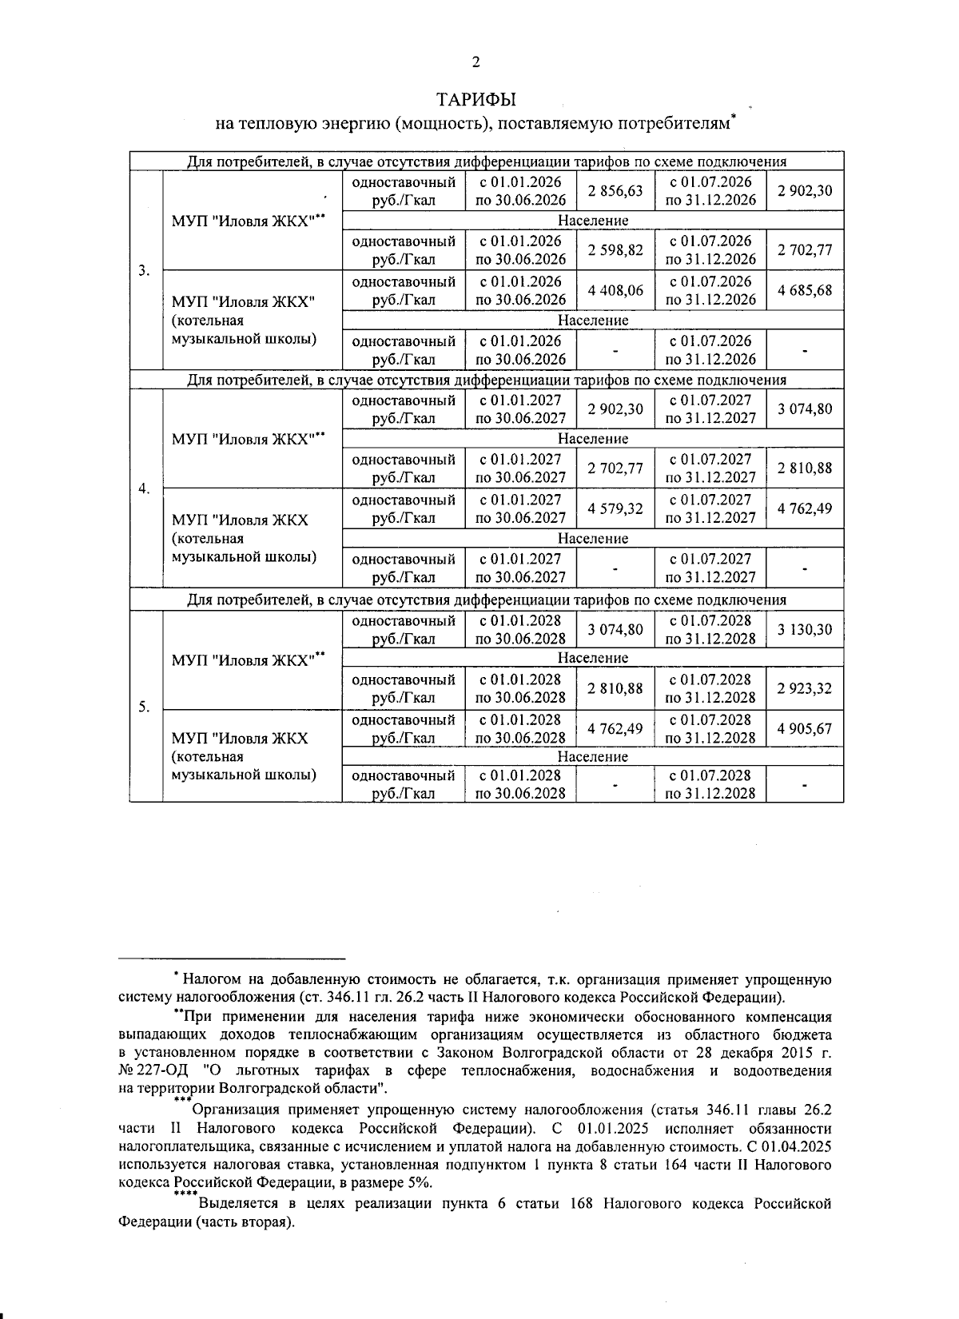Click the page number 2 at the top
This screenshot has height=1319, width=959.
tap(476, 62)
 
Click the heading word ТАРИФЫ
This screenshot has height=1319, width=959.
tap(476, 100)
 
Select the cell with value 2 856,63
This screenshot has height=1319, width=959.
tap(615, 191)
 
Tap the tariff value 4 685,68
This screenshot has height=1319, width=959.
tap(805, 290)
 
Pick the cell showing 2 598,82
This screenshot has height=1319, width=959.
tap(615, 250)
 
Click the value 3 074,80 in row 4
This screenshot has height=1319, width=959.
tap(805, 409)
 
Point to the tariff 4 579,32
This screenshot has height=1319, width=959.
tap(615, 508)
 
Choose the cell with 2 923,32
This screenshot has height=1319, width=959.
tap(805, 688)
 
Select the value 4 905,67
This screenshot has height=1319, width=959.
tap(805, 728)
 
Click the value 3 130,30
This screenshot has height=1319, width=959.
tap(805, 629)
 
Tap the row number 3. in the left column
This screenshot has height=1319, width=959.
tap(145, 270)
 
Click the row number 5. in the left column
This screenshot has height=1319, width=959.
tap(145, 707)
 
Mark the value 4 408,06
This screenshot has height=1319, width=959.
tap(615, 290)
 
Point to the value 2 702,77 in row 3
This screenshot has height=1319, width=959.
tap(805, 250)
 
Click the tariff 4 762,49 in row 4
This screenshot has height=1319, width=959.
tap(805, 508)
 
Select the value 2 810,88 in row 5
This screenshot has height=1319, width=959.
tap(615, 688)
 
